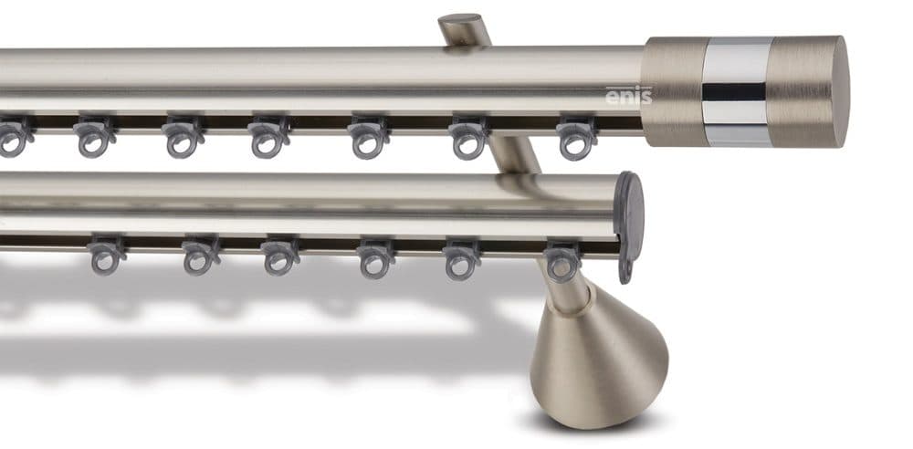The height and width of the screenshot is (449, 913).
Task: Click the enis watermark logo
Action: (628, 96)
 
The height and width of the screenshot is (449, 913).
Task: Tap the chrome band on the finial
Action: (737, 92)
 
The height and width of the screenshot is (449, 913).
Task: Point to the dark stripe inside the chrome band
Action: (734, 91)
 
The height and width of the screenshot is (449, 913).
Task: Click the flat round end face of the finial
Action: (839, 91)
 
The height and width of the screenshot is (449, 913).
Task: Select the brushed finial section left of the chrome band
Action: (673, 91)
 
